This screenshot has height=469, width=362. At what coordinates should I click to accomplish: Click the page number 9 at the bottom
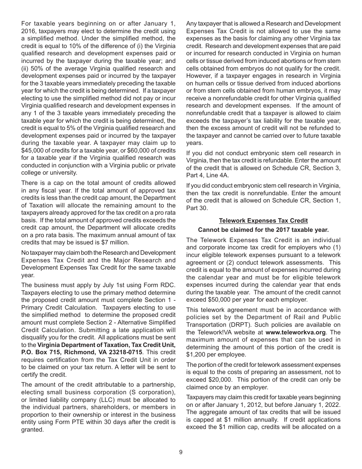click(181, 452)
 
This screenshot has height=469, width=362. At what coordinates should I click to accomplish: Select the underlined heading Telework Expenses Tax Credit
click(263, 221)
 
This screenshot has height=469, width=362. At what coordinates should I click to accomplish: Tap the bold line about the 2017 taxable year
click(263, 230)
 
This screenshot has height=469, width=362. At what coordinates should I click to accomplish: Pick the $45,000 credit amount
click(33, 151)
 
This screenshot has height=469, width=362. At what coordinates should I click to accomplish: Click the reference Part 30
click(197, 208)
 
